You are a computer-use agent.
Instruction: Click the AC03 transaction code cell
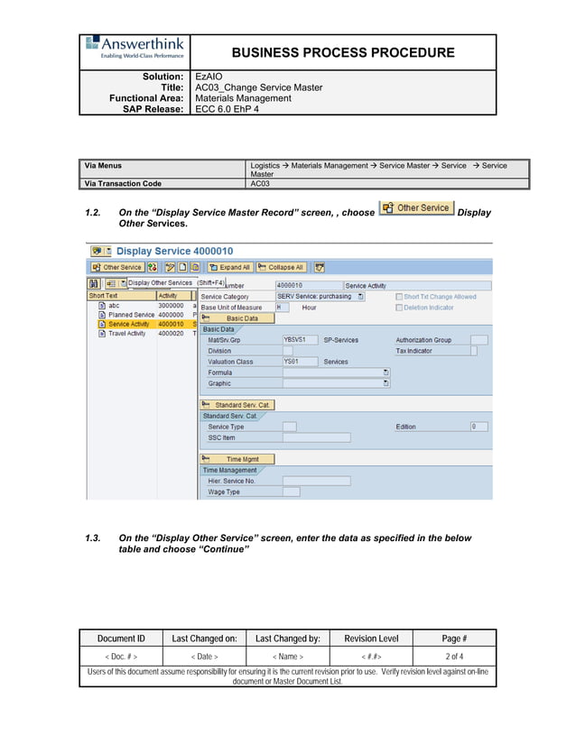[x=259, y=183]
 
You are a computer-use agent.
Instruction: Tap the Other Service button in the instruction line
[x=416, y=208]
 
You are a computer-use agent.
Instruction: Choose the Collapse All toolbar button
[x=281, y=268]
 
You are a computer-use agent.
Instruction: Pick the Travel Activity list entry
[x=126, y=334]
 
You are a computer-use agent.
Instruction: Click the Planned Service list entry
[x=131, y=315]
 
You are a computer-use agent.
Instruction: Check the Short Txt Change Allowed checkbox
[x=400, y=297]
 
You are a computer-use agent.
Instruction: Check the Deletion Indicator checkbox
[x=400, y=308]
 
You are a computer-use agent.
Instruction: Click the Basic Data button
[x=236, y=318]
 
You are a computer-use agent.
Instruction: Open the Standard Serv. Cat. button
[x=236, y=405]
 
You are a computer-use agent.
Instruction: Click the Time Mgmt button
[x=236, y=459]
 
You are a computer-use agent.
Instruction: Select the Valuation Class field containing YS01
[x=299, y=362]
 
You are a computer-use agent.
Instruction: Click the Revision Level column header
[x=370, y=639]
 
